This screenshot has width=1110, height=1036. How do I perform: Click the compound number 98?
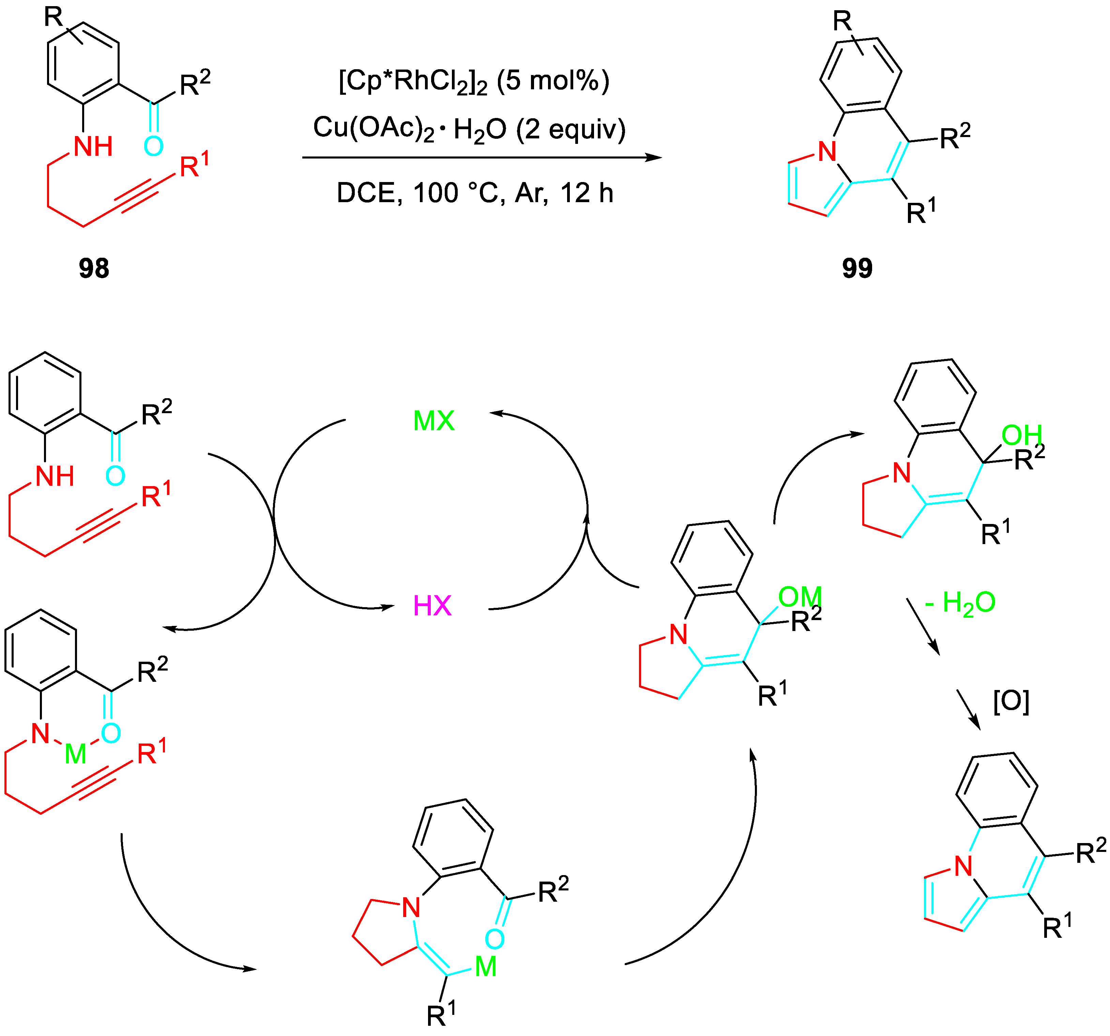94,268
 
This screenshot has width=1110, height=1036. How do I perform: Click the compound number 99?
857,268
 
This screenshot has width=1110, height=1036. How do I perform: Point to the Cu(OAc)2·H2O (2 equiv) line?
469,129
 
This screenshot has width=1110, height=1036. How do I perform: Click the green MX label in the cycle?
434,421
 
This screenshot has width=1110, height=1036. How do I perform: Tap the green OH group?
1022,435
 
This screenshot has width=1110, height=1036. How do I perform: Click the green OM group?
800,597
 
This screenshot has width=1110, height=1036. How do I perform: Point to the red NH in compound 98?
93,147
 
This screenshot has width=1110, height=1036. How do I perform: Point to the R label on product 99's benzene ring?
842,21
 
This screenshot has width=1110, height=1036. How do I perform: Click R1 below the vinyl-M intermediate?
441,1015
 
